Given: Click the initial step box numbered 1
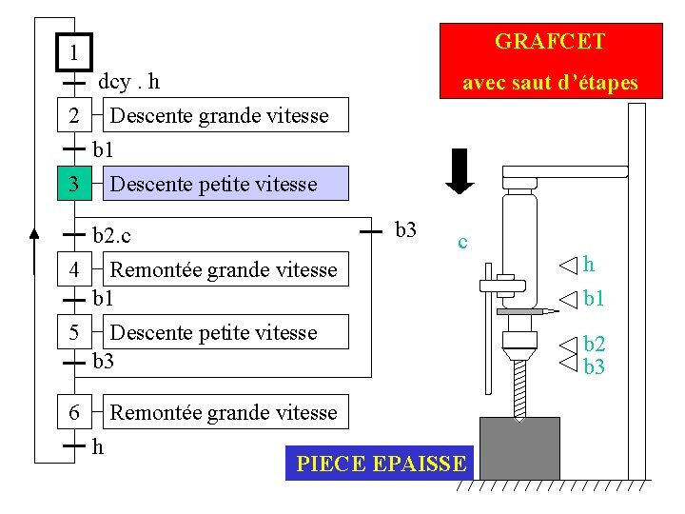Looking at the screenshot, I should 74,51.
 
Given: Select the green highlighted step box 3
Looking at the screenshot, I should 74,183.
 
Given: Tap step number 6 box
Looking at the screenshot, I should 74,412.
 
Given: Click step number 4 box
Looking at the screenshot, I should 74,269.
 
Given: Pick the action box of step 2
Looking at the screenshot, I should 220,116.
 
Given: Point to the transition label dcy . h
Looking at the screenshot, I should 129,82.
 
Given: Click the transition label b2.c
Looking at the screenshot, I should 112,232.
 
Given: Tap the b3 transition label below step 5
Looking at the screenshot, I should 103,361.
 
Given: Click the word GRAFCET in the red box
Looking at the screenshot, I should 550,42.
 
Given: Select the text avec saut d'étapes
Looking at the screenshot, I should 550,83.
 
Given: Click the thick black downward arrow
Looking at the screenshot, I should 460,171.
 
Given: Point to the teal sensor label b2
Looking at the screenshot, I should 595,345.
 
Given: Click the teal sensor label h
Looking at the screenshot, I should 589,265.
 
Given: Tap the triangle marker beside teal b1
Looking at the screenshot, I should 568,300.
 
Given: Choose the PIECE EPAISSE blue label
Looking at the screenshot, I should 381,464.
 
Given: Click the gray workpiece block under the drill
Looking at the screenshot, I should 519,446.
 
